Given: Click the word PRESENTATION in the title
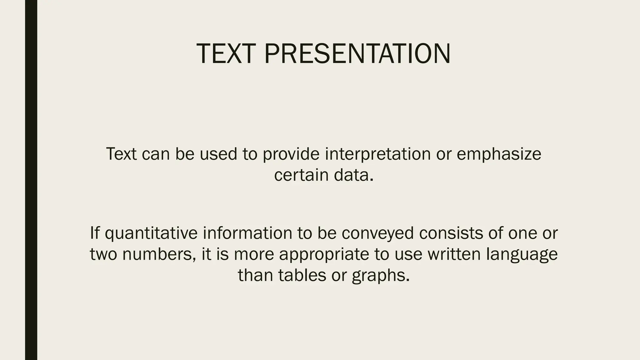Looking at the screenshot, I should click(357, 54).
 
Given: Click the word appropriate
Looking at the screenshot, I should click(324, 254).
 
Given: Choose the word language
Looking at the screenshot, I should click(522, 254).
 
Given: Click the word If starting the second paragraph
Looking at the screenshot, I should click(95, 233).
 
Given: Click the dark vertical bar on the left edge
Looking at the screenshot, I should click(31, 180).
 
